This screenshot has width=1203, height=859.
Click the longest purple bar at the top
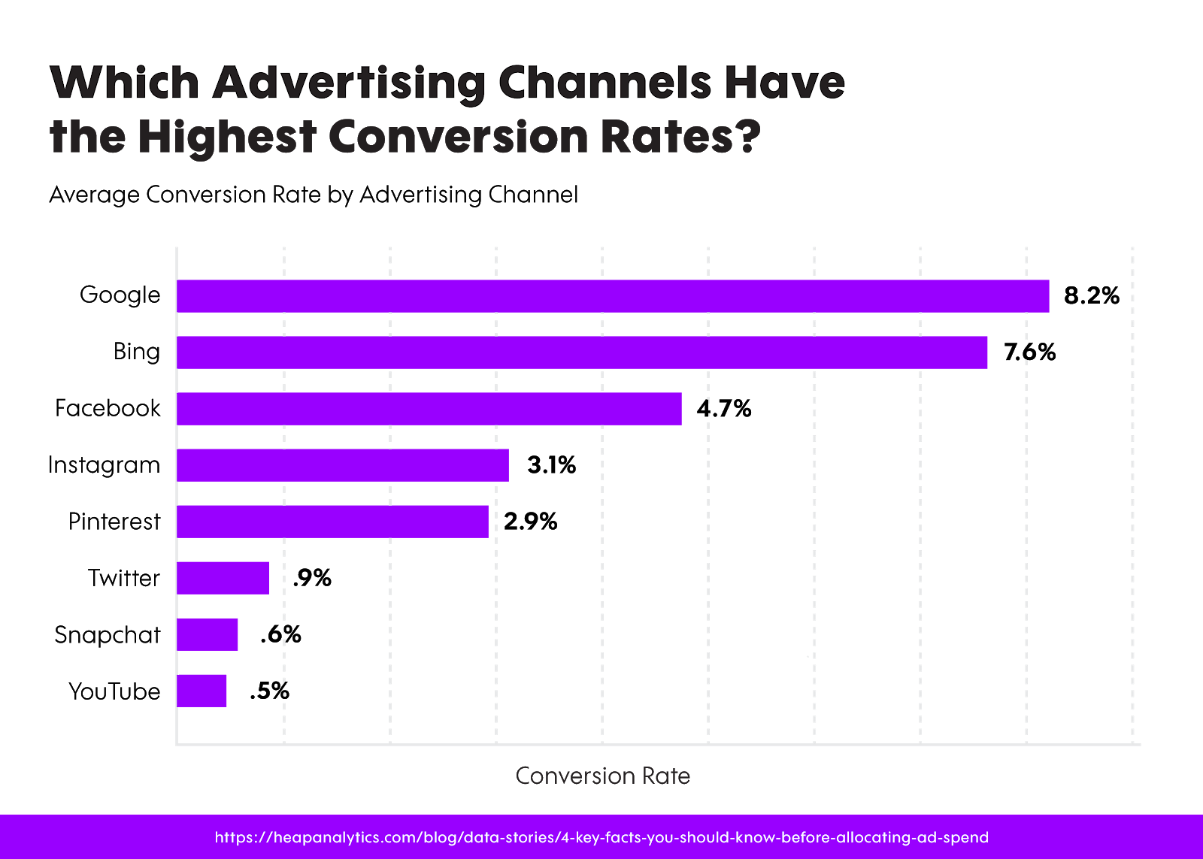point(613,296)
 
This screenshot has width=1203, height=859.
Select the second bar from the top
point(582,352)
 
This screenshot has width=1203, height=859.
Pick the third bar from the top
point(429,409)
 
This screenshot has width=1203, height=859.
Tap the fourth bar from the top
point(343,465)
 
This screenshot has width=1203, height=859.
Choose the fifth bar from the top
point(332,522)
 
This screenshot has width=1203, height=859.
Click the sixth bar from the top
point(223,578)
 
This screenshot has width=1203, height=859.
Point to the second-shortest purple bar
point(208,634)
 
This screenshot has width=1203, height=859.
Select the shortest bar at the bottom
point(202,691)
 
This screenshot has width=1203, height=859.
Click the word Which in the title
point(124,82)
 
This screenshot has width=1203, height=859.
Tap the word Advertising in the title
point(350,82)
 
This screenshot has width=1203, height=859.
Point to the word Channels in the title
point(605,82)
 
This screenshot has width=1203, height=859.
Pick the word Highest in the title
point(226,138)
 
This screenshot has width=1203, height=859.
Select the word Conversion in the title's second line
point(458,138)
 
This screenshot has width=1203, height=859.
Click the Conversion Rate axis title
point(602,776)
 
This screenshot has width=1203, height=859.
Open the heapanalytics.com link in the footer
point(601,837)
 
